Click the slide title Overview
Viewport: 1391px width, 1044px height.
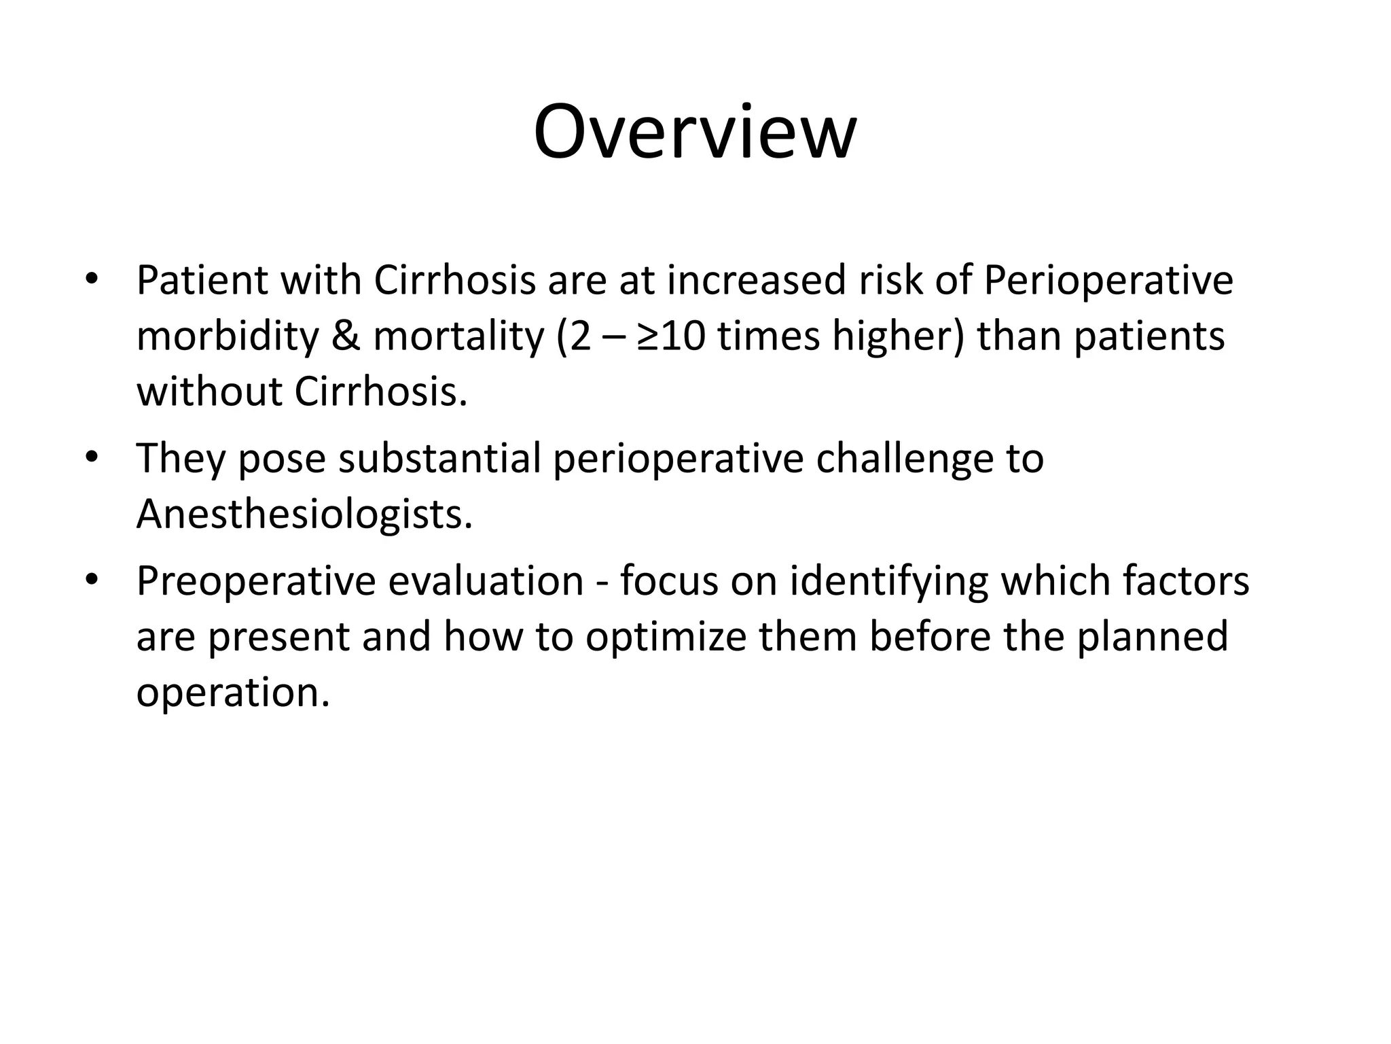click(695, 133)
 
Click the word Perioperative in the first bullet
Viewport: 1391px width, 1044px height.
click(1108, 281)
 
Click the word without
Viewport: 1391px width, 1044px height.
click(209, 392)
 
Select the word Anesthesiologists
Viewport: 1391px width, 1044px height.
click(304, 515)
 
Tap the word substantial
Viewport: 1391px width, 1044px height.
click(439, 459)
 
